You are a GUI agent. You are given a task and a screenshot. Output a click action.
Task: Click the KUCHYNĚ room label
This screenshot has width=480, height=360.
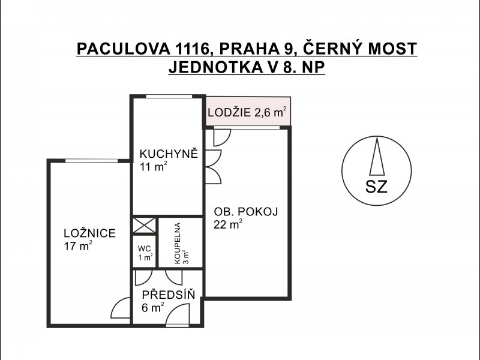169,153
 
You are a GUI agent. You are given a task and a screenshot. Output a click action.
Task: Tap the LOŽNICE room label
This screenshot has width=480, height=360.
89,233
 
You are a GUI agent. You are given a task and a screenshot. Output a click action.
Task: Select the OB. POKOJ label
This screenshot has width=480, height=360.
246,212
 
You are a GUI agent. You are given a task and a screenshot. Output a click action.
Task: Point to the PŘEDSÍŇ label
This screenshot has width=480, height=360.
169,294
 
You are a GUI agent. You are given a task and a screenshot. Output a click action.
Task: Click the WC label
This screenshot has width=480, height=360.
144,248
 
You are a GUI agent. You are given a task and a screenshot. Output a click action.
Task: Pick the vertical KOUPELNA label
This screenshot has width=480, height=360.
178,243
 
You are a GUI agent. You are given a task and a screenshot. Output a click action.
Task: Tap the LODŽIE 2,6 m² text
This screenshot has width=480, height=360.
247,112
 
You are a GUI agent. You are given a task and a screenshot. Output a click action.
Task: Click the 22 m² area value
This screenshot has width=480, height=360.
228,224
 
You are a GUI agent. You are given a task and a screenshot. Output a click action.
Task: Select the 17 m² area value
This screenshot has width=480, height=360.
78,245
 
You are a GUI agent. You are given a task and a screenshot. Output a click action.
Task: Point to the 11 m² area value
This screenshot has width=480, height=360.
154,167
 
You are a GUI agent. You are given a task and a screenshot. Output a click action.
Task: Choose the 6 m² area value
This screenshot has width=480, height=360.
153,307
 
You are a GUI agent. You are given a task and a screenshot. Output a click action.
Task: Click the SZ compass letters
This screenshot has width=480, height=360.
377,186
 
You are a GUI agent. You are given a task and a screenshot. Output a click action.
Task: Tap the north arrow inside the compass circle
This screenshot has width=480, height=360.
377,156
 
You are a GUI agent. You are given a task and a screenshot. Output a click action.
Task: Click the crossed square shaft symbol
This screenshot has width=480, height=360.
144,226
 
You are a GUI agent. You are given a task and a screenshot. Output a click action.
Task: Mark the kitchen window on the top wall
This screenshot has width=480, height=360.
169,96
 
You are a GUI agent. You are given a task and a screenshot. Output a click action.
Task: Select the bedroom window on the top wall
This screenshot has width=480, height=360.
92,160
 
